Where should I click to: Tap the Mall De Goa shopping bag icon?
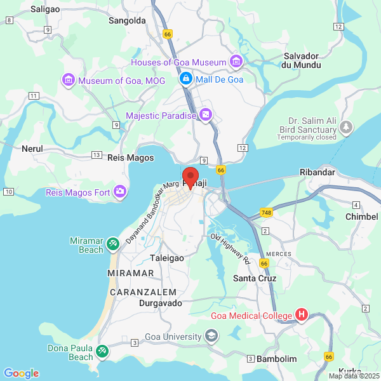186,79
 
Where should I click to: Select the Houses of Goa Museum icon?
236,62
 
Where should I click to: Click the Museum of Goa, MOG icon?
68,81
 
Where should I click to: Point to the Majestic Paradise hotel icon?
206,115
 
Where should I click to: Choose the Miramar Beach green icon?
112,243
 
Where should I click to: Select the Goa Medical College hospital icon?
302,315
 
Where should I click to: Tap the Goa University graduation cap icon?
211,336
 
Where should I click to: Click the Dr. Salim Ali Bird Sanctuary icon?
345,128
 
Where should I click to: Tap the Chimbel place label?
362,217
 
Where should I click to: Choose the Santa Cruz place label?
253,278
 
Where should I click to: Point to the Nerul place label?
32,148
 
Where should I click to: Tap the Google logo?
21,373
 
